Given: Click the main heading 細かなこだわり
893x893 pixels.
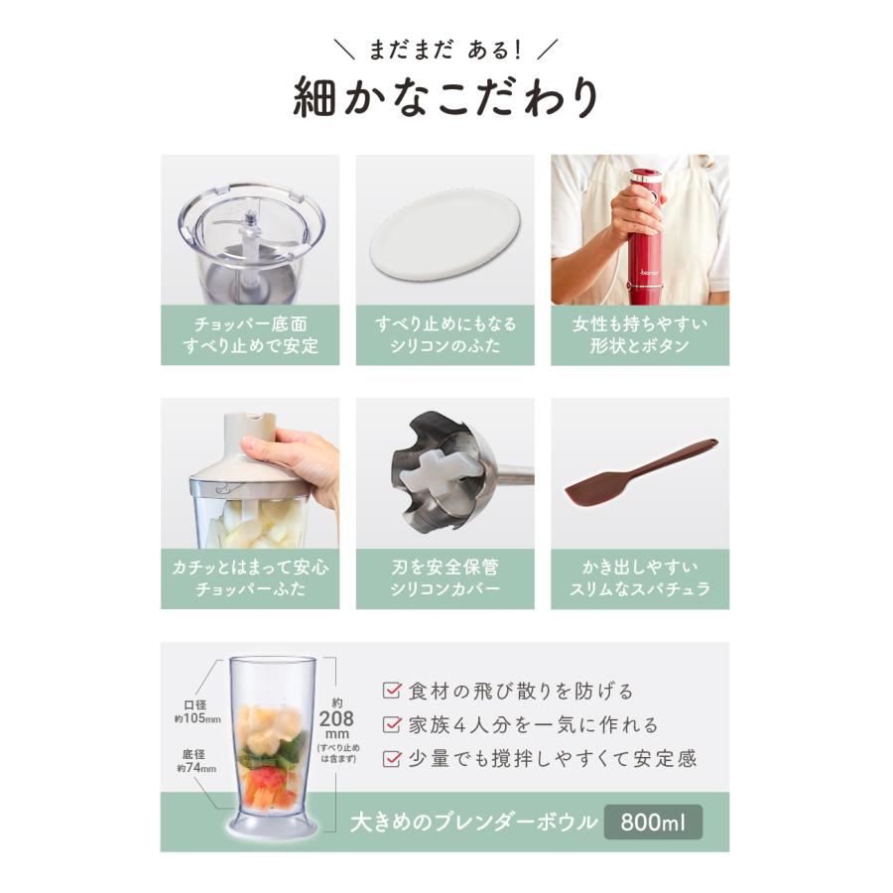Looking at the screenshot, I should [x=446, y=98].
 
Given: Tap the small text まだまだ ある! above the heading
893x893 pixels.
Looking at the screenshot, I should [x=446, y=48].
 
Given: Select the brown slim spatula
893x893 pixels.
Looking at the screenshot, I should [x=640, y=473].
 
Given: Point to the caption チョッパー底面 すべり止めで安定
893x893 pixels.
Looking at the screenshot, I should [x=250, y=335].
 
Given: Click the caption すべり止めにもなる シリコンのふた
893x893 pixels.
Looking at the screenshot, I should [x=445, y=335].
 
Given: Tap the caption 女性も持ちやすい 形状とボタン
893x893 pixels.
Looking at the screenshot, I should [x=640, y=335].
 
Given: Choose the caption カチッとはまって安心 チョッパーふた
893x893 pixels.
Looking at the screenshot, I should [x=250, y=578].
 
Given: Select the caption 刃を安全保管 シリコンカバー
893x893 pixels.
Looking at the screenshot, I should [x=445, y=578].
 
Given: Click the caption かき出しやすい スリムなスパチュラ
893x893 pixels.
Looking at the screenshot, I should [x=640, y=578].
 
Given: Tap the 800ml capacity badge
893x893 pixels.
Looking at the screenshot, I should [x=653, y=823].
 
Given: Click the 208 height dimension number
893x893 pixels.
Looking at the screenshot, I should [x=333, y=719].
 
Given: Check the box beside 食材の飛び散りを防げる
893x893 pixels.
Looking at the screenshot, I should [x=392, y=691].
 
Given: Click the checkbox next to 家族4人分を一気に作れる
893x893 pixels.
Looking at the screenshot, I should [x=392, y=725].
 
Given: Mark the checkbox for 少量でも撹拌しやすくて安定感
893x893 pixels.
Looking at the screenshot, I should [x=392, y=759].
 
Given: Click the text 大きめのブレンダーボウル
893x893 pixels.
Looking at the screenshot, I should [x=474, y=823].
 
